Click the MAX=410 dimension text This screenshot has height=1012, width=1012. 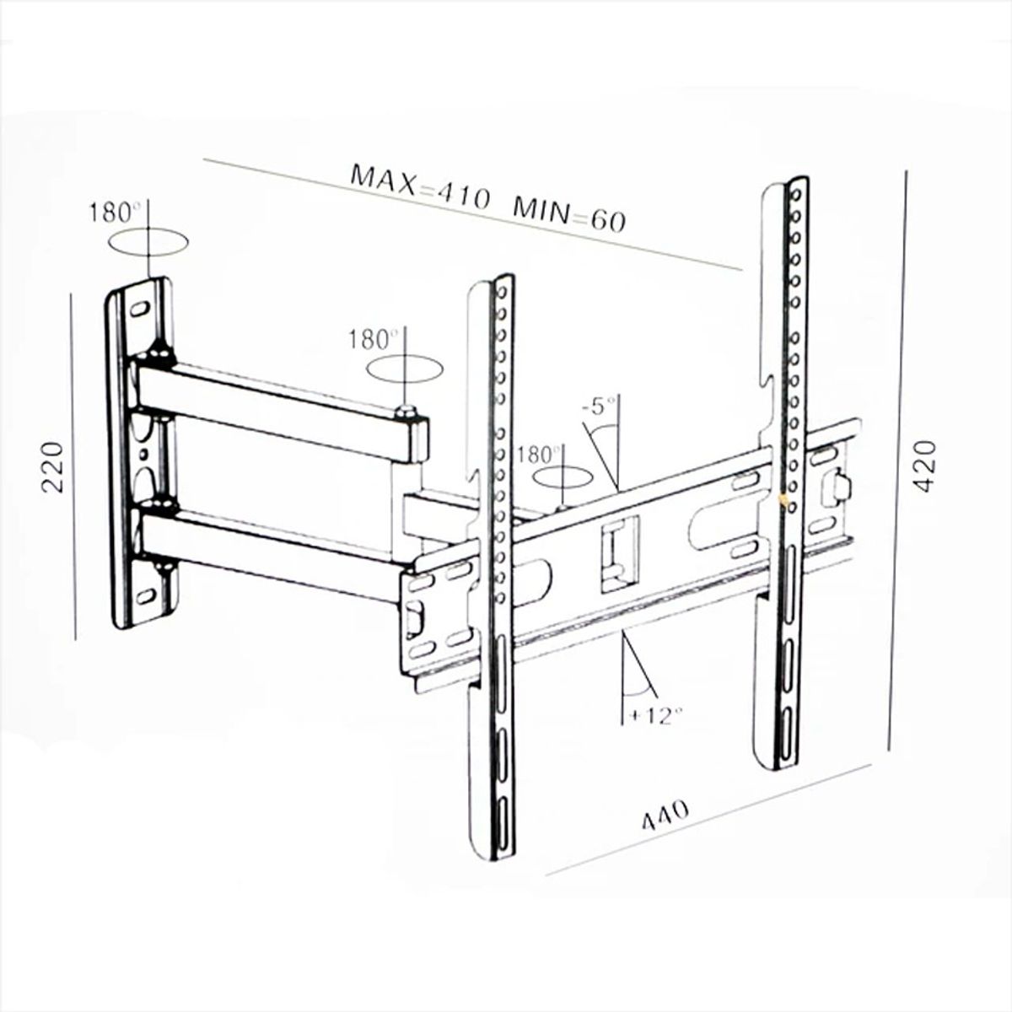point(419,188)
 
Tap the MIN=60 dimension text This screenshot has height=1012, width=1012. point(570,214)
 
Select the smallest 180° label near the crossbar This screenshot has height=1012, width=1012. point(540,453)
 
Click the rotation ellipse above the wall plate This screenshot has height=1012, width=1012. point(148,243)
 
